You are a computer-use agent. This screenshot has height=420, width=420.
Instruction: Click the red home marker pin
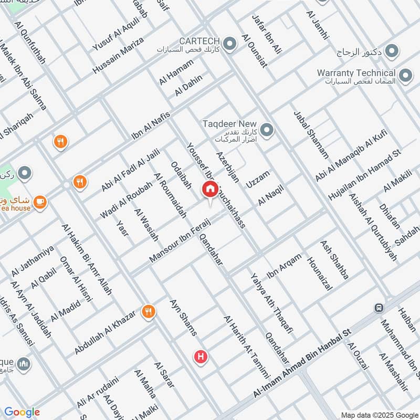click(x=210, y=190)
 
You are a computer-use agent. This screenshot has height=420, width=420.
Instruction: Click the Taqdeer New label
click(x=231, y=123)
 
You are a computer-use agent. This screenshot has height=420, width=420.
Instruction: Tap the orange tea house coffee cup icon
click(x=40, y=201)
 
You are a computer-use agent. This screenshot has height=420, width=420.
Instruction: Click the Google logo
click(x=22, y=412)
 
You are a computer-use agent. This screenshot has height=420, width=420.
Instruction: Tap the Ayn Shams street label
click(x=183, y=318)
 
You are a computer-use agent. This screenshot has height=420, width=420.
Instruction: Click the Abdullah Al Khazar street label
click(x=105, y=331)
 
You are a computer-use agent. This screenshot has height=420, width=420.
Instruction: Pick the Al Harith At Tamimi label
click(x=246, y=347)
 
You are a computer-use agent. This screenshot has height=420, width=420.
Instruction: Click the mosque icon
click(x=23, y=363)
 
